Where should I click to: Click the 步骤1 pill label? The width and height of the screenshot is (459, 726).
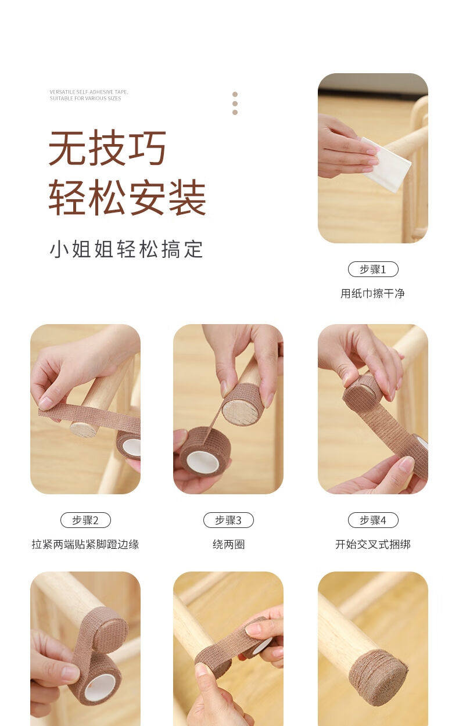pos(373,269)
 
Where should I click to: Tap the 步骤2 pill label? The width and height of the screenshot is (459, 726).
pos(85,520)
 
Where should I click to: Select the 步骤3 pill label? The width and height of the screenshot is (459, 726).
pos(228,520)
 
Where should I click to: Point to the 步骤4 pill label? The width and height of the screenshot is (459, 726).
pos(373,520)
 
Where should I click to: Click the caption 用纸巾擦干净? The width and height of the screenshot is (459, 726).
pos(372,293)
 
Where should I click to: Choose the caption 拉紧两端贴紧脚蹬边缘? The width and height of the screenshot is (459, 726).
pos(85,544)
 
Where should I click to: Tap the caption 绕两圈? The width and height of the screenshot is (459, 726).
pos(228,544)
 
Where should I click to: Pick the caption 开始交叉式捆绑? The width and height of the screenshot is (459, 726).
pos(373,544)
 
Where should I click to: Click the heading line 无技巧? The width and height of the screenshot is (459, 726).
pos(107,148)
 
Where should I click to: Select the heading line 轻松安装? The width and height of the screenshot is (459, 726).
pos(127,197)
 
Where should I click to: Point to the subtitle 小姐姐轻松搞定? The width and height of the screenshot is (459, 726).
pos(127,249)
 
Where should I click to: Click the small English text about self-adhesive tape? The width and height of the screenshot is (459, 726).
pos(89,95)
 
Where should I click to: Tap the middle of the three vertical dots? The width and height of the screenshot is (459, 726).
pos(235,103)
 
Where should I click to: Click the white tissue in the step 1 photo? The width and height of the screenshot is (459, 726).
pos(386,164)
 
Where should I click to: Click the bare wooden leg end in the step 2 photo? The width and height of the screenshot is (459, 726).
pos(83,430)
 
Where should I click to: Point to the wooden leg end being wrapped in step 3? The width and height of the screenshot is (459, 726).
pos(241,412)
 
